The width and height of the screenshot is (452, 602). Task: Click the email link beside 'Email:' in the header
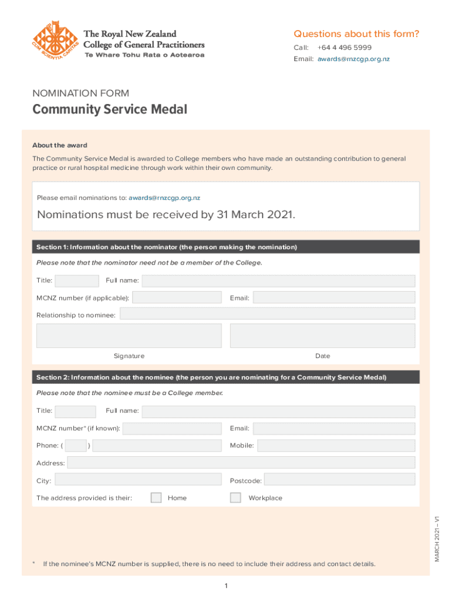pos(353,59)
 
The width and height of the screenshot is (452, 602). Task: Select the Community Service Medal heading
pos(110,110)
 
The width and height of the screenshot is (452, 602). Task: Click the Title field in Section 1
pos(77,281)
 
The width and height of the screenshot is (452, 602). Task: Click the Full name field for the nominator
pos(278,281)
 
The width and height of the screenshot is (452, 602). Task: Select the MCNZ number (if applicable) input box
pos(177,297)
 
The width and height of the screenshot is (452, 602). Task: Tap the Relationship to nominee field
pos(267,314)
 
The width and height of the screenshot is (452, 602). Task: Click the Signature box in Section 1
pos(129,335)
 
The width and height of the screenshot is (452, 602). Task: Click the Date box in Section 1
pos(322,335)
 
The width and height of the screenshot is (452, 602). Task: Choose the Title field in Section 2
pos(75,412)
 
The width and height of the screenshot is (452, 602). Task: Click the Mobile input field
pos(336,446)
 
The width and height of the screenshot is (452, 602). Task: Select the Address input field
pos(241,463)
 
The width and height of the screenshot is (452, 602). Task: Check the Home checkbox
pos(156,498)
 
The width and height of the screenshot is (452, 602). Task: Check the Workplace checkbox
pos(235,498)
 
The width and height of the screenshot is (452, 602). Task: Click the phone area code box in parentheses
pos(76,446)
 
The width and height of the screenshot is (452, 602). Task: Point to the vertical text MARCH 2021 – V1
pos(437,538)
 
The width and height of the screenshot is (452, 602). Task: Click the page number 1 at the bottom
pos(226,586)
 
